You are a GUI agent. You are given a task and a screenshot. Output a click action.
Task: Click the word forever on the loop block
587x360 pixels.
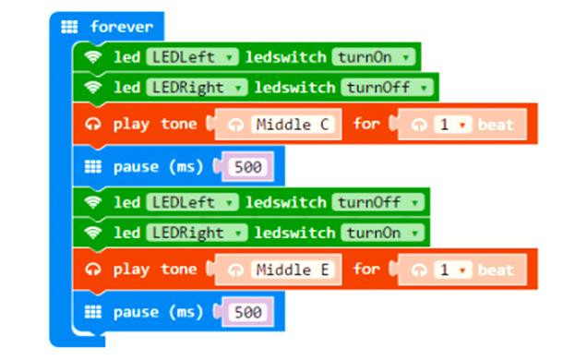click(x=122, y=27)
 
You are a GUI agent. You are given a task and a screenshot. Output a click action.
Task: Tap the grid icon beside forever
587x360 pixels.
click(x=69, y=27)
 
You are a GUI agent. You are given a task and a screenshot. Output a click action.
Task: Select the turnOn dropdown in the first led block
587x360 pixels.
click(x=373, y=57)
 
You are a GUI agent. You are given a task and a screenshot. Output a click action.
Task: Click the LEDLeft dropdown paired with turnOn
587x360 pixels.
click(x=192, y=57)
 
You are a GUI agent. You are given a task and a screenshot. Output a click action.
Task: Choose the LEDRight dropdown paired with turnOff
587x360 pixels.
click(x=197, y=88)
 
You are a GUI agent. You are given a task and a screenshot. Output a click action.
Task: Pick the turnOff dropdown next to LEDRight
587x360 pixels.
click(x=387, y=88)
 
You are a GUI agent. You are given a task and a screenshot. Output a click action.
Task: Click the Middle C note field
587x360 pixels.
click(x=293, y=125)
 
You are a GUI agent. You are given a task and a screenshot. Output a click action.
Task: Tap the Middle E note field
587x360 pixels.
click(x=293, y=270)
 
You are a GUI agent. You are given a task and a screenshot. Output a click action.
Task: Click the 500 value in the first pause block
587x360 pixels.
click(x=247, y=167)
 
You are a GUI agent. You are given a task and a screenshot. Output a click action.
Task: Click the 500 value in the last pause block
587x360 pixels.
click(x=247, y=312)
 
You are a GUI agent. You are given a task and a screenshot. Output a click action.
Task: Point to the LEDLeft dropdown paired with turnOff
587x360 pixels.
click(x=192, y=202)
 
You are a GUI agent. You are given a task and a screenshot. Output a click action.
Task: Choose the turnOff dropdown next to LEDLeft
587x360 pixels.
click(x=377, y=202)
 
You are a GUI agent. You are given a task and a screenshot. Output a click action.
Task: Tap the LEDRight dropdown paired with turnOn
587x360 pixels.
click(x=197, y=233)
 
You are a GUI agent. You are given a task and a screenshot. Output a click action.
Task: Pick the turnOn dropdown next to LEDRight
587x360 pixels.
click(x=382, y=233)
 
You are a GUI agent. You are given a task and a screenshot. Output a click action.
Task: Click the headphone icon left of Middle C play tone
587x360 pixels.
click(x=93, y=124)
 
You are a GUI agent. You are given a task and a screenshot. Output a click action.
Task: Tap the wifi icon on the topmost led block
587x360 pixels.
click(x=93, y=57)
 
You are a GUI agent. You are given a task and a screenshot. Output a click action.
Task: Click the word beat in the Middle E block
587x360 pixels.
click(x=496, y=270)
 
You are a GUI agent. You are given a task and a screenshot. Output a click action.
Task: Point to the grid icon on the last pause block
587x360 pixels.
click(x=93, y=312)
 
